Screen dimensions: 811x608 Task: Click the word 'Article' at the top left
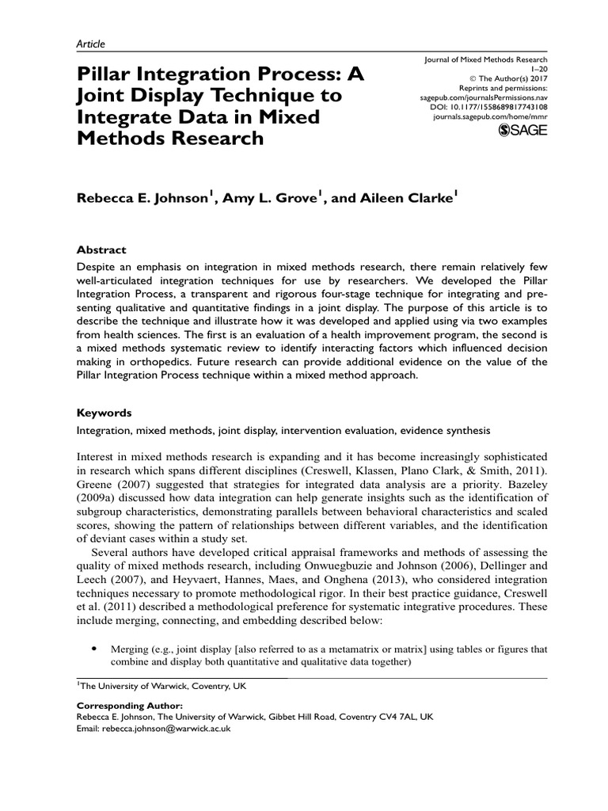[90, 44]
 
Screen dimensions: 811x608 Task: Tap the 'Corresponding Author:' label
[129, 705]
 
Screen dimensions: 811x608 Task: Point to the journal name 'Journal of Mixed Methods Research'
[486, 59]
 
